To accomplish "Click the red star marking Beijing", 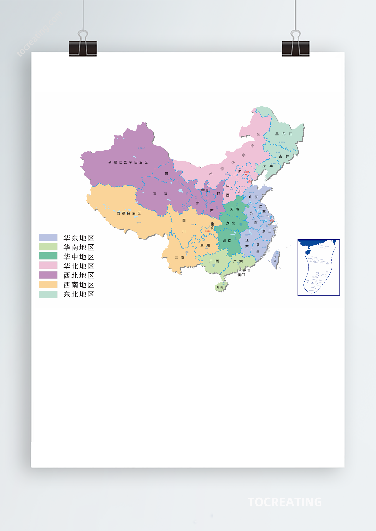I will [x=246, y=174].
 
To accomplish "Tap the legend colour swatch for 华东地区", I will [x=48, y=237].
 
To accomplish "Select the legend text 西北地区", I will [x=79, y=275].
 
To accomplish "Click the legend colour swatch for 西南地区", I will [x=48, y=285].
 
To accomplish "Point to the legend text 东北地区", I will [x=79, y=294].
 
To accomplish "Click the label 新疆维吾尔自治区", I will [x=128, y=162].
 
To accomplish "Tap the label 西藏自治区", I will [x=129, y=213].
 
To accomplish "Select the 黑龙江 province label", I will [x=284, y=134].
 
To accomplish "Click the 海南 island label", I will [x=220, y=287].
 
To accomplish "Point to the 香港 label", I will [x=246, y=271].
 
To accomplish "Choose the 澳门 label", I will [x=241, y=275].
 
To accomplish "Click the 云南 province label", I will [x=179, y=258].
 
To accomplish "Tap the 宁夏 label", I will [x=205, y=191].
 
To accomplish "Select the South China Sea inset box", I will [x=318, y=267].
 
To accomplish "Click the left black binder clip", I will [x=83, y=48].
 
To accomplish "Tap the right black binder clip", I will [x=296, y=48].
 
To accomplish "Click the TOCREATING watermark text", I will [x=285, y=502].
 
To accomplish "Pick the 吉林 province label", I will [x=284, y=156].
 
